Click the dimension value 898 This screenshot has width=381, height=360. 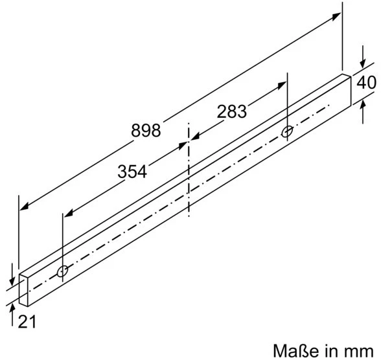pyautogui.click(x=146, y=130)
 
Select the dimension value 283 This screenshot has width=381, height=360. pyautogui.click(x=231, y=111)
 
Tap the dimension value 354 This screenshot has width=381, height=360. pyautogui.click(x=132, y=172)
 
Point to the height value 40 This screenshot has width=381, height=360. pyautogui.click(x=367, y=82)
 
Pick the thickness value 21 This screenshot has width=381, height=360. pyautogui.click(x=27, y=322)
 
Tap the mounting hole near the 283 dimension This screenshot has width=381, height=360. pyautogui.click(x=287, y=132)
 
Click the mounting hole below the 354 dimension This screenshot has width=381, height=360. pyautogui.click(x=62, y=271)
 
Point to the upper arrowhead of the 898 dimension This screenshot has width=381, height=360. pyautogui.click(x=336, y=16)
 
